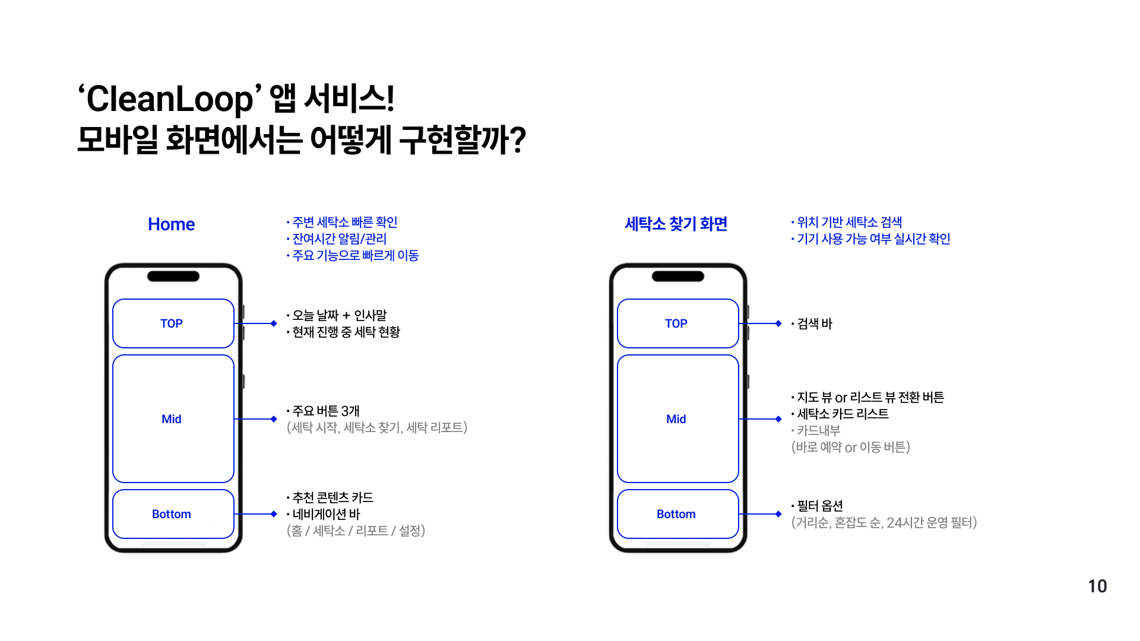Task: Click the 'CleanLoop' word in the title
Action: tap(170, 99)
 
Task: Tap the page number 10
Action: tap(1097, 586)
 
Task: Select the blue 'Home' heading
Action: tap(171, 224)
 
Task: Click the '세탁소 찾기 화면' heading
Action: tap(676, 224)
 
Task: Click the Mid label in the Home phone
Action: tap(172, 419)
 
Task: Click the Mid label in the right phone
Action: tap(676, 419)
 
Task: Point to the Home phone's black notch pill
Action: tap(173, 276)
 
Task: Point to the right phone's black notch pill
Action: tap(677, 276)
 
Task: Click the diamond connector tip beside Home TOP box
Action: tap(274, 323)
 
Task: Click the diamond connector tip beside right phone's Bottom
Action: tap(778, 514)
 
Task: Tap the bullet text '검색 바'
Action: tap(815, 324)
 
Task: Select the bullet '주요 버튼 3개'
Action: tap(326, 411)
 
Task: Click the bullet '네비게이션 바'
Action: tap(326, 514)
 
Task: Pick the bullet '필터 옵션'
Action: tap(820, 506)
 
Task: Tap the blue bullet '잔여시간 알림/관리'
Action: tap(340, 239)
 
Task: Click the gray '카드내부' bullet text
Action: tap(818, 430)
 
